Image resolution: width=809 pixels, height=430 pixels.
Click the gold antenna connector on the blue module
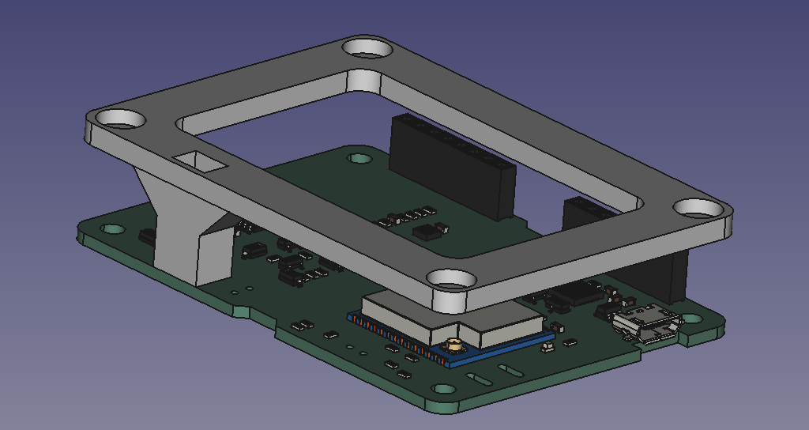click(x=453, y=345)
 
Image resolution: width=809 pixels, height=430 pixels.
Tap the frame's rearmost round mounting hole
click(x=367, y=48)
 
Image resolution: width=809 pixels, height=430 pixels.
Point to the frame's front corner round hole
click(x=452, y=279)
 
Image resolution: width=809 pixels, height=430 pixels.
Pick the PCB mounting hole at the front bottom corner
click(x=445, y=390)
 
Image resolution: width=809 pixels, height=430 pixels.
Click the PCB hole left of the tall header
click(x=360, y=158)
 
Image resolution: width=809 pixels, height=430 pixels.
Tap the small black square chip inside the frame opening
click(x=427, y=232)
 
